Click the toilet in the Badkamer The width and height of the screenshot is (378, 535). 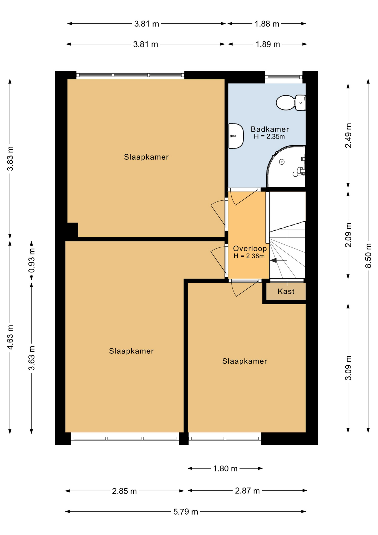pyautogui.click(x=291, y=103)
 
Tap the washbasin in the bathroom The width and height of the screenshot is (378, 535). pyautogui.click(x=236, y=136)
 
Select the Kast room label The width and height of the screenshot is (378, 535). pyautogui.click(x=286, y=291)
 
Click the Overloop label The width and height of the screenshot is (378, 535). pyautogui.click(x=250, y=248)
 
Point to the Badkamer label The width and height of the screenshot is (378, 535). pyautogui.click(x=270, y=129)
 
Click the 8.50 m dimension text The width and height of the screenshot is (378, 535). pyautogui.click(x=368, y=256)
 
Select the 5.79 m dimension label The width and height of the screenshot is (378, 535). pyautogui.click(x=186, y=512)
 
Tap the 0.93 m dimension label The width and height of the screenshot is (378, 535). pyautogui.click(x=32, y=261)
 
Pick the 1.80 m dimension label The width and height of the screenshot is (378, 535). pyautogui.click(x=225, y=468)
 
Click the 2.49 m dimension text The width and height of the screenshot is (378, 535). pyautogui.click(x=348, y=136)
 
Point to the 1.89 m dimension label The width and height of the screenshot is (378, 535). pyautogui.click(x=268, y=44)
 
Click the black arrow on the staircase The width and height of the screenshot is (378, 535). pyautogui.click(x=273, y=261)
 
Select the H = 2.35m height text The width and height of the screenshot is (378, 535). pyautogui.click(x=269, y=137)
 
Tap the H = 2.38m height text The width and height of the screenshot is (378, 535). pyautogui.click(x=249, y=256)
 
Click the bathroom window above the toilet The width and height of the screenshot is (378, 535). pyautogui.click(x=284, y=77)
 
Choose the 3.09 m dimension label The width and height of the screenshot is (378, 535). pyautogui.click(x=348, y=368)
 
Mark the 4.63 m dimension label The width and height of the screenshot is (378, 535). pyautogui.click(x=10, y=337)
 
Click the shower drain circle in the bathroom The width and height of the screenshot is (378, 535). pyautogui.click(x=282, y=162)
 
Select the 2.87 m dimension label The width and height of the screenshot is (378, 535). pyautogui.click(x=247, y=491)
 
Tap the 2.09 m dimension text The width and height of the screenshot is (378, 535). pyautogui.click(x=348, y=235)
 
